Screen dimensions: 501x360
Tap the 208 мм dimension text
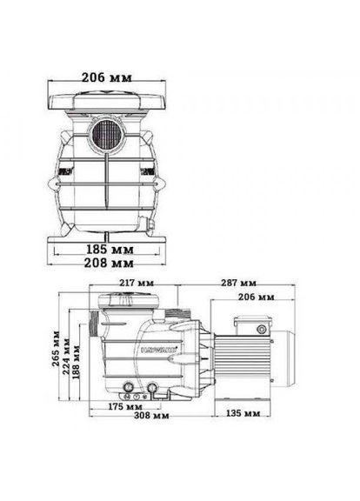pyautogui.click(x=110, y=262)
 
